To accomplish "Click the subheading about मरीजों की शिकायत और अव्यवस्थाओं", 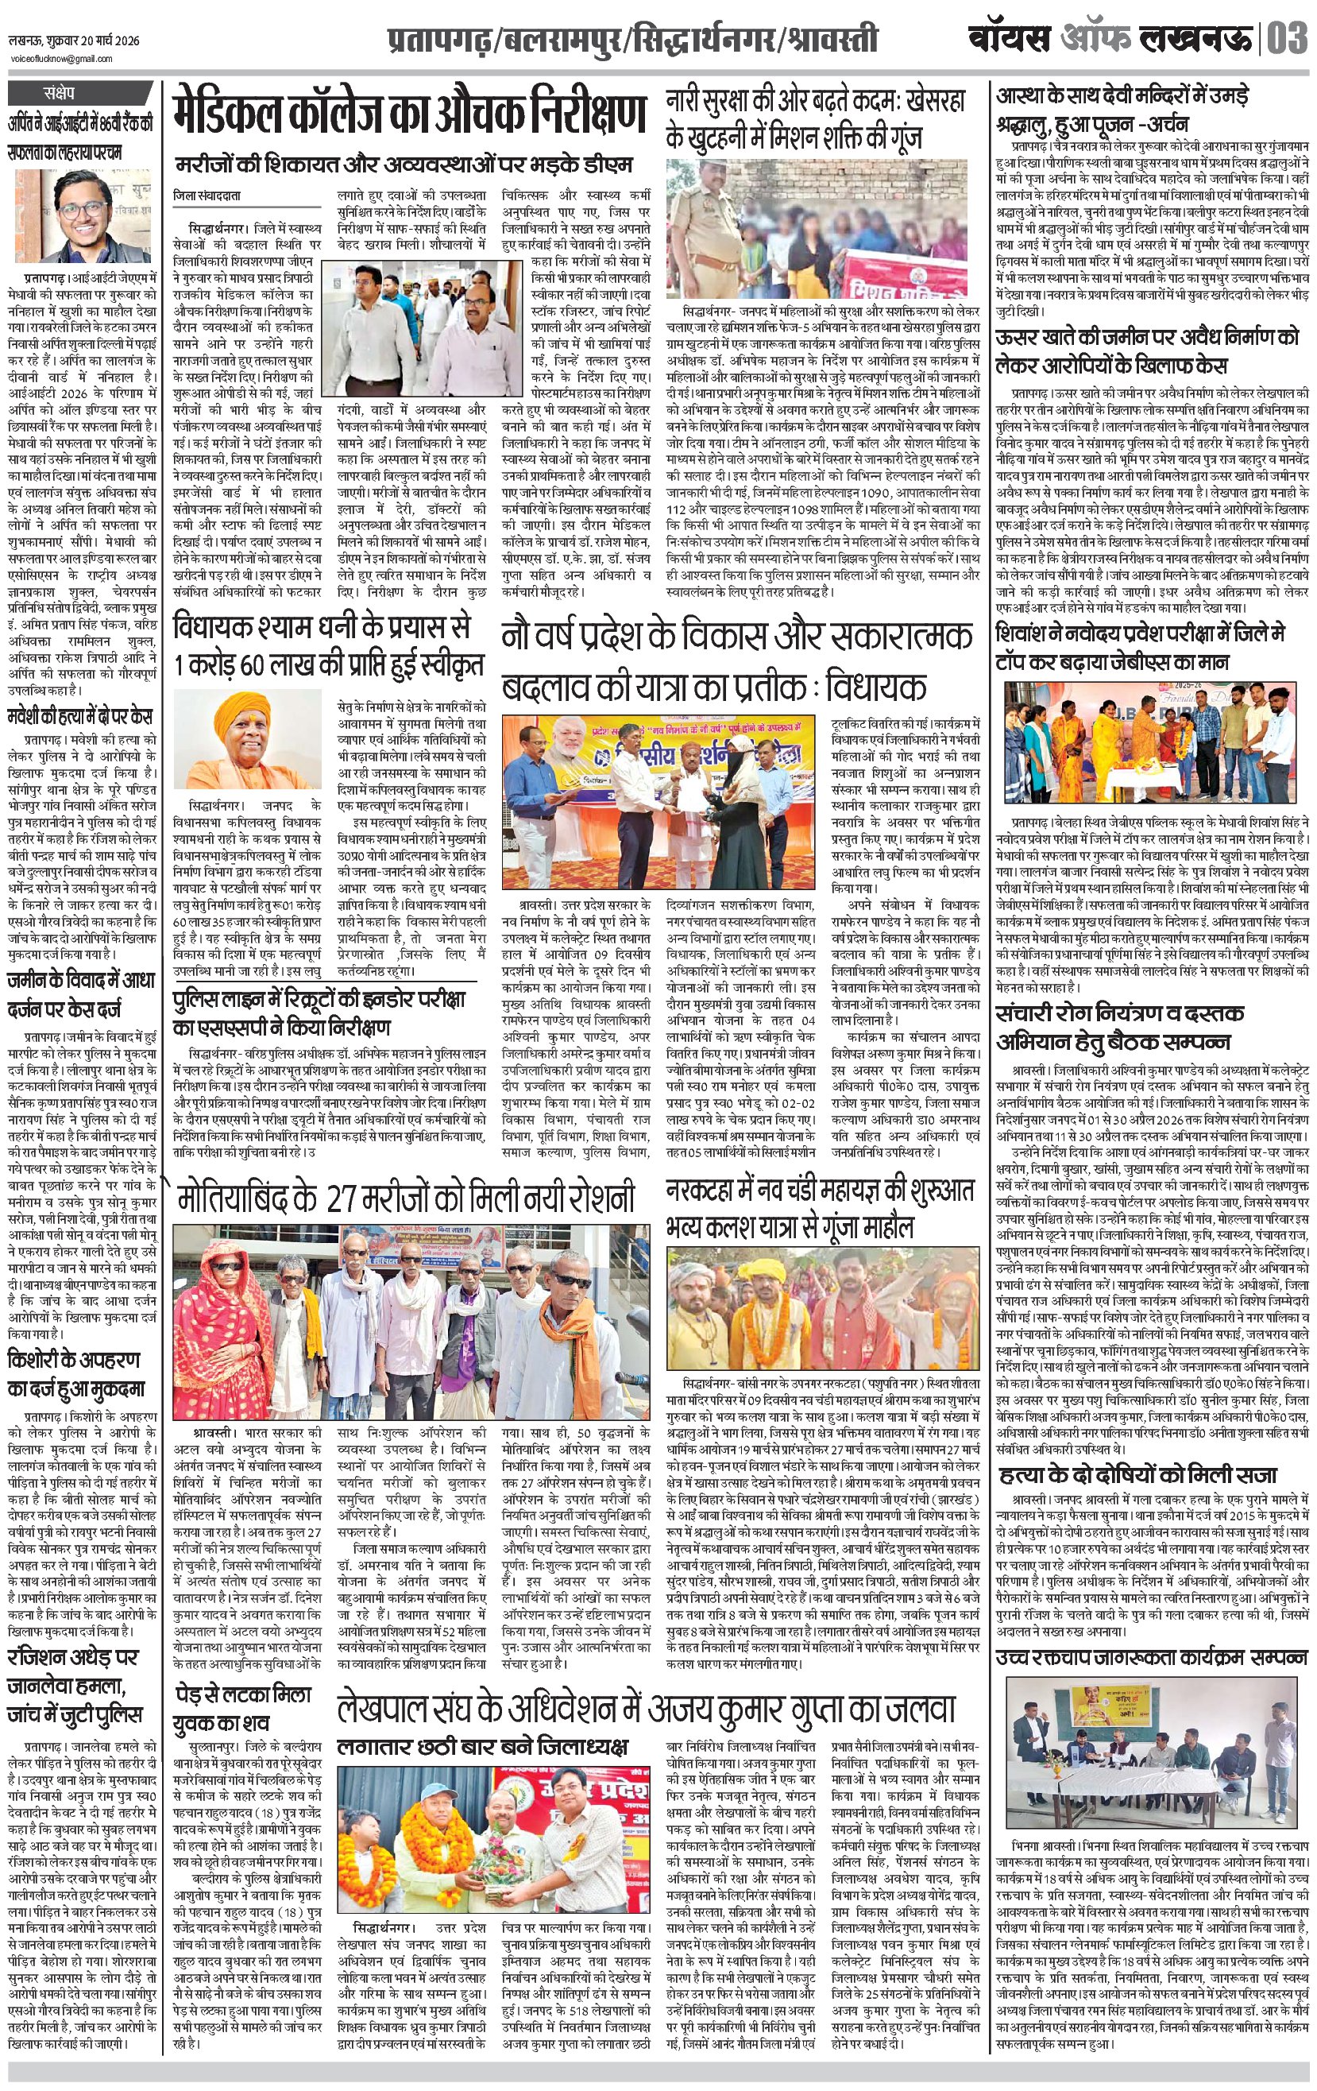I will coord(403,165).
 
